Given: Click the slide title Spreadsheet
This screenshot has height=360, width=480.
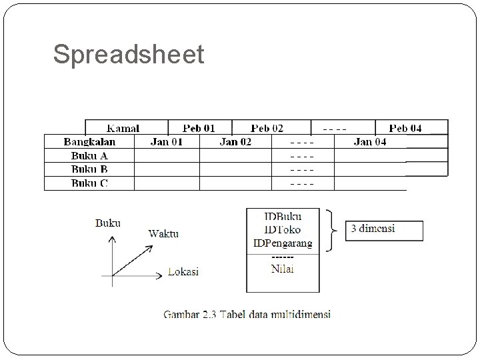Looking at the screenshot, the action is (x=129, y=55).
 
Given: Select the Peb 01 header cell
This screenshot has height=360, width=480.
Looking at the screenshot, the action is (x=199, y=127).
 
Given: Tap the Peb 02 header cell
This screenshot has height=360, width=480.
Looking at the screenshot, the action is (x=267, y=127).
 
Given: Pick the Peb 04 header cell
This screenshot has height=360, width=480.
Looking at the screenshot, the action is (x=405, y=127).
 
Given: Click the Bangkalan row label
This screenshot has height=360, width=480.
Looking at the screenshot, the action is (x=89, y=141).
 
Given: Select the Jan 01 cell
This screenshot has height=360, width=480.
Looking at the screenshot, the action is (x=167, y=141).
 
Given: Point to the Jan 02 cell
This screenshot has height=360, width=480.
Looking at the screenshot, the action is (x=235, y=141).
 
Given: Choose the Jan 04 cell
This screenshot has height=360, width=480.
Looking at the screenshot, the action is (x=370, y=141).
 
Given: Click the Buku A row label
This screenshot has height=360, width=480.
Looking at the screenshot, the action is (x=89, y=155).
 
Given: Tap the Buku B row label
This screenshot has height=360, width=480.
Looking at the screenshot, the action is (x=89, y=169).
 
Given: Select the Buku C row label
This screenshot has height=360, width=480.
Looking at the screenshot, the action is (x=89, y=183).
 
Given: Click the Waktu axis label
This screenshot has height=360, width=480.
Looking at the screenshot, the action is (x=163, y=233).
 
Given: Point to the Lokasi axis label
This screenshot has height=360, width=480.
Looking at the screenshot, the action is (x=183, y=271).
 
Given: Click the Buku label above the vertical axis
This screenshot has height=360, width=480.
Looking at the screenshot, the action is (x=108, y=223).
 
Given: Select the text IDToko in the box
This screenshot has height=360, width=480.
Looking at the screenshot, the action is (x=283, y=229).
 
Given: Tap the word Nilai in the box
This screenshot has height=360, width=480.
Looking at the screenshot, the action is (x=283, y=269).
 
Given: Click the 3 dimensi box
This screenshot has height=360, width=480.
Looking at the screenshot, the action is (x=383, y=229).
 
